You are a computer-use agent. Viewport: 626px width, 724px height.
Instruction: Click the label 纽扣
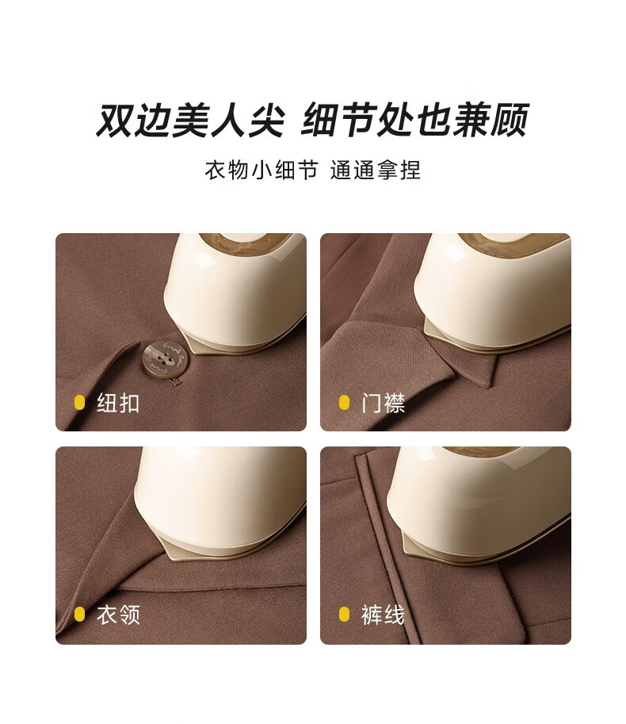[x=118, y=403]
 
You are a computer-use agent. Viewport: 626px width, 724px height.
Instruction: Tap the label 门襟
[x=383, y=403]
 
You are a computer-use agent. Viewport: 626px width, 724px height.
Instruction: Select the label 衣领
[x=118, y=615]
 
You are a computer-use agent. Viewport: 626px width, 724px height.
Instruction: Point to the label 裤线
[x=383, y=615]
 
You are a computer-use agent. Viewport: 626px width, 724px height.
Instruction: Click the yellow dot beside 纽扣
[x=79, y=403]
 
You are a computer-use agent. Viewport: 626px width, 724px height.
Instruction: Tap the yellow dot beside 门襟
[x=344, y=403]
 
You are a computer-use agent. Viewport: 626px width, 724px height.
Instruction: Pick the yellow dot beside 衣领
[x=79, y=614]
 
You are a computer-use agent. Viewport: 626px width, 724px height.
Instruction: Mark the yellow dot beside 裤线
[x=344, y=614]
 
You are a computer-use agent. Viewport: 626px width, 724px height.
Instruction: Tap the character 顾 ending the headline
[x=510, y=120]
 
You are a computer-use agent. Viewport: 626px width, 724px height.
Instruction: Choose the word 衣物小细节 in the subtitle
[x=261, y=170]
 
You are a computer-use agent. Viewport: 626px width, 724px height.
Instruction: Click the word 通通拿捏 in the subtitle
[x=376, y=170]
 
